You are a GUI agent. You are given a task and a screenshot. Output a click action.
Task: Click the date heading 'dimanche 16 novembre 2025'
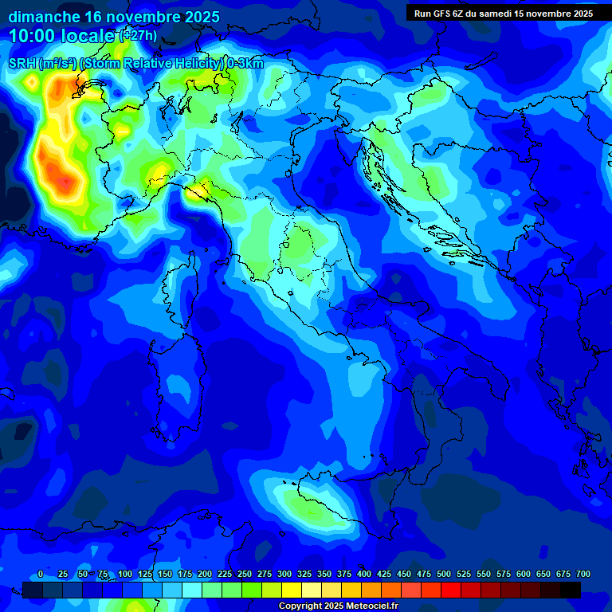tap(114, 17)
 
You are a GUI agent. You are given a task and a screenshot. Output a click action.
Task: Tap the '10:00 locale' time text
tap(62, 36)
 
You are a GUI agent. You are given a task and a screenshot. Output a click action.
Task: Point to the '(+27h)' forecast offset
tap(139, 35)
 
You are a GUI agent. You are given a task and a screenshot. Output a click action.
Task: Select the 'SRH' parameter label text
tap(22, 64)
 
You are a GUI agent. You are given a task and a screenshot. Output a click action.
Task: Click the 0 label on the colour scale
tap(41, 575)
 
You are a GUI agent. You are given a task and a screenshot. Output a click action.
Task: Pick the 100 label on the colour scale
tap(124, 575)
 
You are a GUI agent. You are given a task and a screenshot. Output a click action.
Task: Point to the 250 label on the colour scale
tap(244, 575)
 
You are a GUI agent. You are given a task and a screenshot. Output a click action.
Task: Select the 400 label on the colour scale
tap(364, 575)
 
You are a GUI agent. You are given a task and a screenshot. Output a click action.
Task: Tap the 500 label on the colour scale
tap(444, 575)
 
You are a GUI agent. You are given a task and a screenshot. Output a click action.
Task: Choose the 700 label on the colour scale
tap(583, 575)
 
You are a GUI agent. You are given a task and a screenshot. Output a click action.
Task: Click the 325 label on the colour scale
tap(304, 575)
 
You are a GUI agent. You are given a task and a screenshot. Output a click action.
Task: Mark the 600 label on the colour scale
tap(524, 575)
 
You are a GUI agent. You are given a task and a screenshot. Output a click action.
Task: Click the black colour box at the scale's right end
tap(571, 590)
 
